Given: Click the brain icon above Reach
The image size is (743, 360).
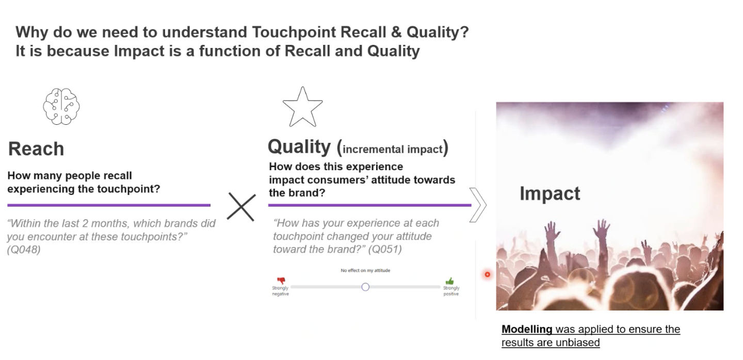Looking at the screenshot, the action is (61, 106).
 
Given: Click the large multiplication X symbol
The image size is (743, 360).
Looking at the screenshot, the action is (241, 207).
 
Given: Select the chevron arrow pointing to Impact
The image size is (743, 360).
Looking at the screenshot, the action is (478, 205).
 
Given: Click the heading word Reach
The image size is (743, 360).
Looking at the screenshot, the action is (36, 149).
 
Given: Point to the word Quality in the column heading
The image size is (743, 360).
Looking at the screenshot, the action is (299, 146).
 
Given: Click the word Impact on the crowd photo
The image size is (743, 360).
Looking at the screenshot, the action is (550, 193).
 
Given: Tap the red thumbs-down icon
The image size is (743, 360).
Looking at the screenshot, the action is (281, 281).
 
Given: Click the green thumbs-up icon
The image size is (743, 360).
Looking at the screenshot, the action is (450, 281).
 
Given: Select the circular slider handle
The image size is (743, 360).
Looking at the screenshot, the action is (365, 287).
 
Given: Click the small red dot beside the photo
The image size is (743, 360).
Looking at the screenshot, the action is (487, 274).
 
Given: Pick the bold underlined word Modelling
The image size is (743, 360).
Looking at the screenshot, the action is (527, 329).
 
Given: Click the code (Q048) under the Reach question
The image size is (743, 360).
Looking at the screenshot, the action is (24, 250).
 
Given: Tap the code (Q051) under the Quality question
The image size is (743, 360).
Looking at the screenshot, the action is (385, 249).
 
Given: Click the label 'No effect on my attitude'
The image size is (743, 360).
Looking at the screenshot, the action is (365, 270).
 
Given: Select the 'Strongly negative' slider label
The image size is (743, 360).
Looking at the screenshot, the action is (280, 291).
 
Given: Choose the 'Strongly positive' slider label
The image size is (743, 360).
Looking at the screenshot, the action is (451, 291).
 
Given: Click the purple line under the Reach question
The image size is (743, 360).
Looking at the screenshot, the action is (109, 205).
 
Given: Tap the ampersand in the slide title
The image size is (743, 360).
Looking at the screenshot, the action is (396, 32).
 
